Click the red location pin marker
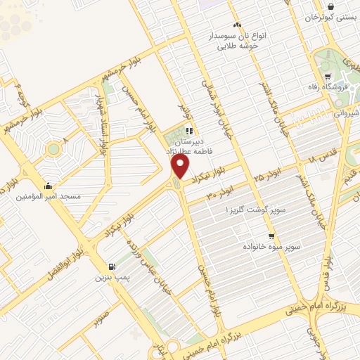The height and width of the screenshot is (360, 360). tap(180, 166)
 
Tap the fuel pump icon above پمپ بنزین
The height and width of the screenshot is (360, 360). tap(112, 266)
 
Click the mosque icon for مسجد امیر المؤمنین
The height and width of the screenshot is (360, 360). tap(48, 186)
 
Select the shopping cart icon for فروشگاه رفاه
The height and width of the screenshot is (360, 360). tap(328, 77)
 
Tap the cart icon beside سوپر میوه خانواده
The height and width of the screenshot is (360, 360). tap(271, 236)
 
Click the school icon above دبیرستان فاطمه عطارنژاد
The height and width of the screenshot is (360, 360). tap(188, 131)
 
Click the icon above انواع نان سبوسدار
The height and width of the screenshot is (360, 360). tap(237, 25)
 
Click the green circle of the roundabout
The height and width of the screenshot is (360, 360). tap(53, 149)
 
